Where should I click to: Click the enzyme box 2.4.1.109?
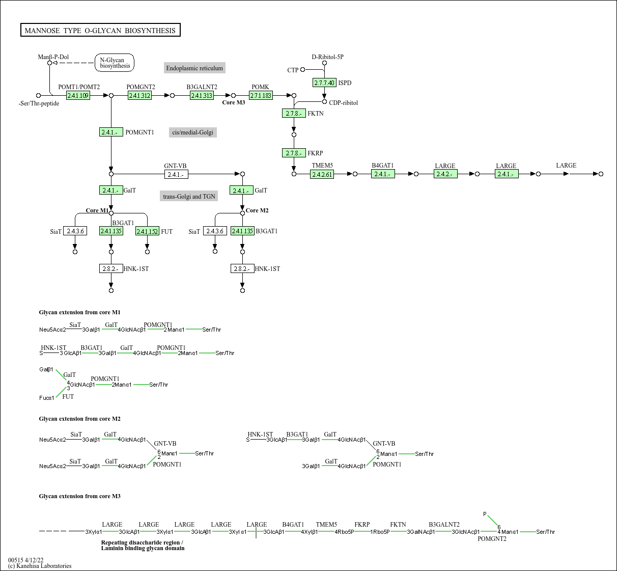(x=78, y=96)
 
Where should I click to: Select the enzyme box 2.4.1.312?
(x=139, y=96)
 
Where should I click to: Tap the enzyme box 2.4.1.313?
(x=202, y=96)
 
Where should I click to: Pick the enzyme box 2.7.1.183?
(x=261, y=96)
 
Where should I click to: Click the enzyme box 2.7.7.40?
(x=324, y=83)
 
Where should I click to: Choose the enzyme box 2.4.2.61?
(x=322, y=174)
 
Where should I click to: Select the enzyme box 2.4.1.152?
(x=147, y=232)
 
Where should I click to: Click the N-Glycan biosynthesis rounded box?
(x=115, y=63)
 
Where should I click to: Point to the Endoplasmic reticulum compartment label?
(x=194, y=68)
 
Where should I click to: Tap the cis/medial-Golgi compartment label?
(x=192, y=132)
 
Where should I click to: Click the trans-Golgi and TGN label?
(x=189, y=196)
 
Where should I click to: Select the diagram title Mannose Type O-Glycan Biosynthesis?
(x=100, y=31)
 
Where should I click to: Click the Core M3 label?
(x=234, y=103)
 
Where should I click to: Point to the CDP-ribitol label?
(x=343, y=103)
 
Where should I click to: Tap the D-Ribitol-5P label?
(x=327, y=57)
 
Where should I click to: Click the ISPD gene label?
(x=345, y=83)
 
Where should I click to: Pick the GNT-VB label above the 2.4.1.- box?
(x=175, y=166)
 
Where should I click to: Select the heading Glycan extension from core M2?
(x=80, y=419)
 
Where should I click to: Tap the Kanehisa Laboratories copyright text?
(x=40, y=566)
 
